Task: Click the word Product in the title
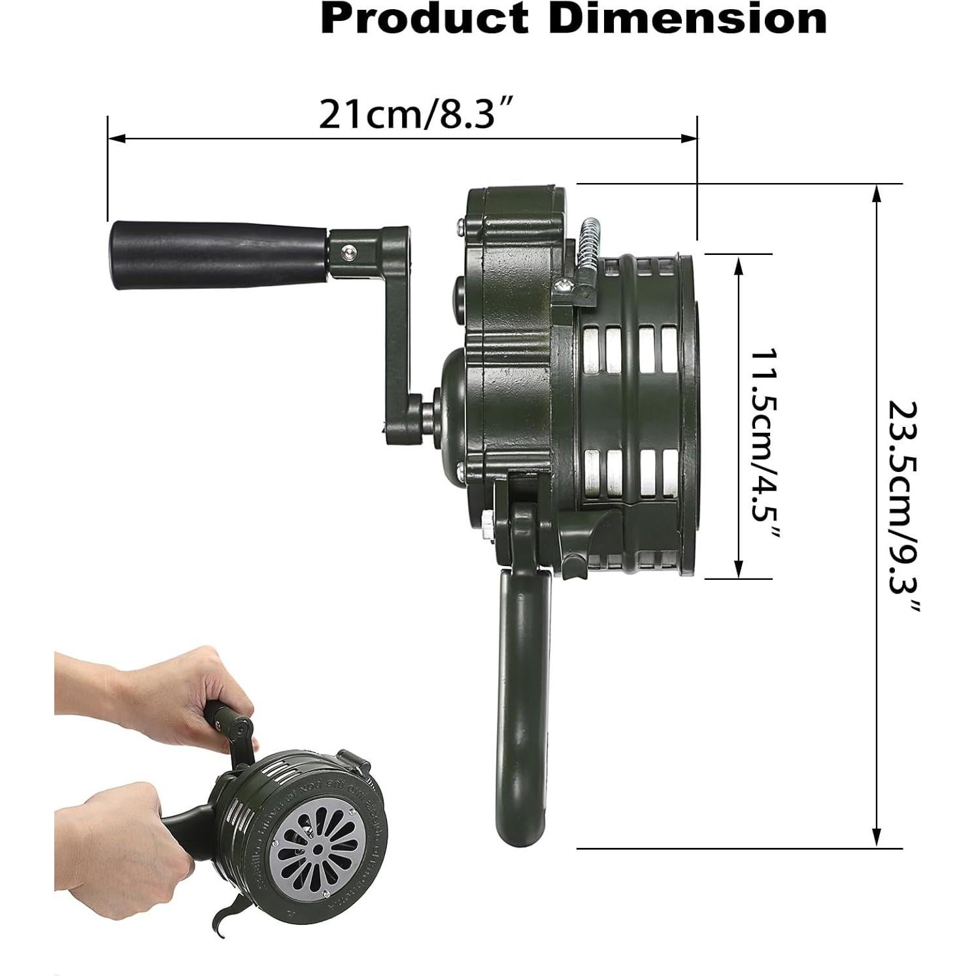(424, 19)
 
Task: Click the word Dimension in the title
(688, 19)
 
